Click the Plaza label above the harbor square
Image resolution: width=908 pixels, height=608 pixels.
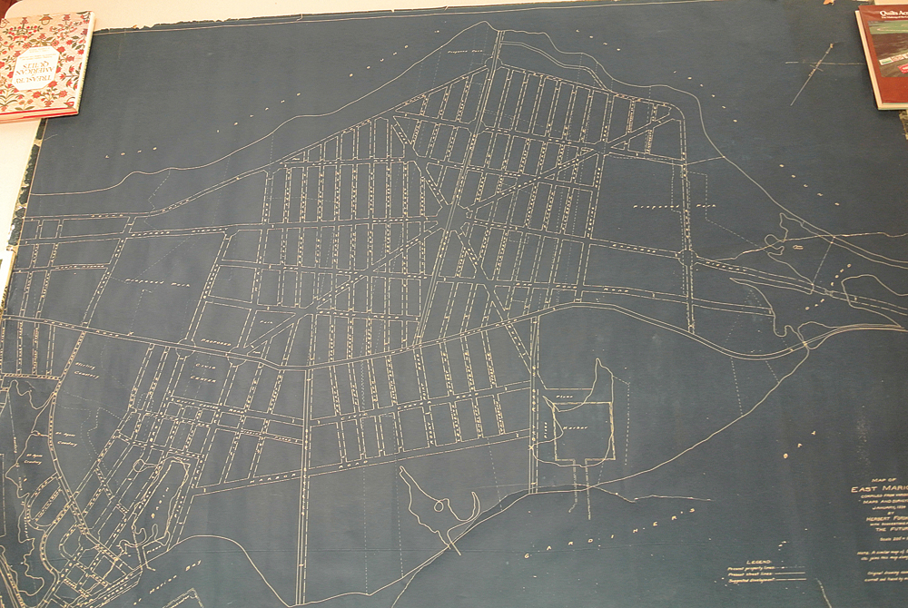tap(563, 397)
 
